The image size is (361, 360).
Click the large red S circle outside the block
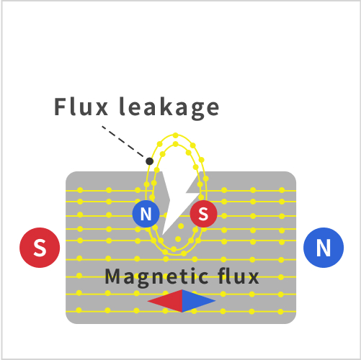40,248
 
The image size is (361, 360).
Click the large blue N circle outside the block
324,248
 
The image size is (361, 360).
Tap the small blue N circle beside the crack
146,214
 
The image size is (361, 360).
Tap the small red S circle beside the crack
203,214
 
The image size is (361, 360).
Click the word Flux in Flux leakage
81,107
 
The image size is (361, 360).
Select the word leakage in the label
169,108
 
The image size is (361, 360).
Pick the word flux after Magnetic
239,276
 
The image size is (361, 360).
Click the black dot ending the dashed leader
149,161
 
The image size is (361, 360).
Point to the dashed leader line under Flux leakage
124,143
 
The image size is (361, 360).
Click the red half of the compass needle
165,301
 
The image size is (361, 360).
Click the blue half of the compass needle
199,301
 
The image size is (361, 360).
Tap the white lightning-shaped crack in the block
178,202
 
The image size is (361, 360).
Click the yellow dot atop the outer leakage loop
176,135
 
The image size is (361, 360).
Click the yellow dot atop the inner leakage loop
176,144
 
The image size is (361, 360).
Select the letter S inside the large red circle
40,248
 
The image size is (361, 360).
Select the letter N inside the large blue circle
324,248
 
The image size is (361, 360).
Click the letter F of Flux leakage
60,107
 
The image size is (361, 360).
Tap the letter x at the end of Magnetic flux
253,279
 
